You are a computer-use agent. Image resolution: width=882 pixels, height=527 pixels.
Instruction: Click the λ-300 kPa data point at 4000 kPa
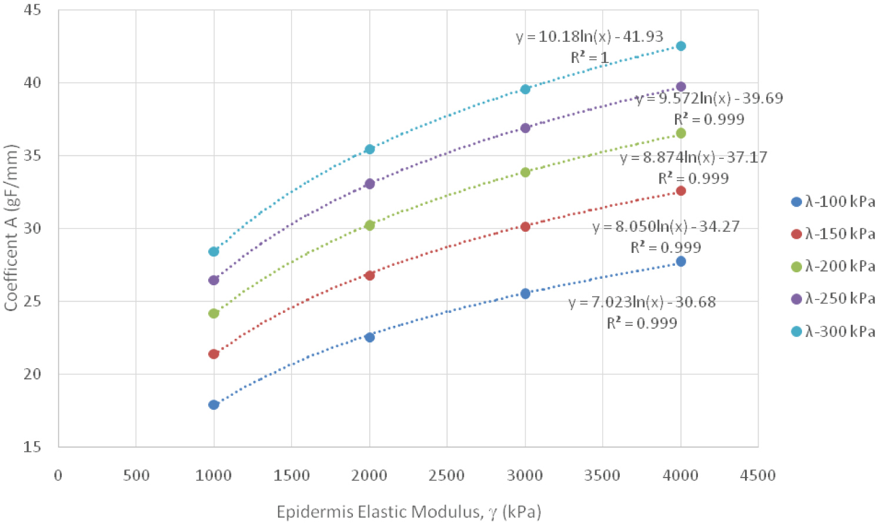pos(681,46)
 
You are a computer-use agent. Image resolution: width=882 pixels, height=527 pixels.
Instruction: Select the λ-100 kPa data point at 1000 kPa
pos(213,405)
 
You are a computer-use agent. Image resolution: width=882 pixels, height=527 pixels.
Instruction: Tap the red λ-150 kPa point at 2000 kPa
pos(369,275)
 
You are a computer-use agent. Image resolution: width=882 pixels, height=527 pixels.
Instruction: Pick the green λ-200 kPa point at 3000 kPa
pos(525,172)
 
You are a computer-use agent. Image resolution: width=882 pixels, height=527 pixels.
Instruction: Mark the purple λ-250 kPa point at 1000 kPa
pos(213,280)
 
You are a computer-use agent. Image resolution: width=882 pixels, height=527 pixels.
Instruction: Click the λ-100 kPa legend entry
pos(833,202)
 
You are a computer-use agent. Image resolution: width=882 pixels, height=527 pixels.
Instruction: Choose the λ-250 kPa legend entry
pos(833,299)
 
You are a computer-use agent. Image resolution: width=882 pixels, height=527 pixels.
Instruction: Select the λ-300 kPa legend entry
pos(833,332)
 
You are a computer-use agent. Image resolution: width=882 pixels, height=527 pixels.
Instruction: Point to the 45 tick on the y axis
pos(32,10)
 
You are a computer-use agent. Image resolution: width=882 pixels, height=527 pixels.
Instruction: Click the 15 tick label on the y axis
pos(32,447)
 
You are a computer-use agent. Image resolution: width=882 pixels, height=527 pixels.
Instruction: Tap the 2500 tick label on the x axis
pos(447,475)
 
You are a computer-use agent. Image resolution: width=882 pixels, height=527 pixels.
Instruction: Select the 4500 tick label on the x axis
pos(758,475)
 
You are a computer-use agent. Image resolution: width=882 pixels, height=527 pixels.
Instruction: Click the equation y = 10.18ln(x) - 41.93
pos(589,36)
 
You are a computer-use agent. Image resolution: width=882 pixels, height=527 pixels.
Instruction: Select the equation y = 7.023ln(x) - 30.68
pos(642,302)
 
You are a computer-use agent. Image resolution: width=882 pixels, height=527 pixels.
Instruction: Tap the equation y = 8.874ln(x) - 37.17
pos(694,158)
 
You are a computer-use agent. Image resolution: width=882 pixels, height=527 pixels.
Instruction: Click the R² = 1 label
pos(589,58)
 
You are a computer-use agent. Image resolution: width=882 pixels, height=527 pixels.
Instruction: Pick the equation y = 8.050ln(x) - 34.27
pos(666,226)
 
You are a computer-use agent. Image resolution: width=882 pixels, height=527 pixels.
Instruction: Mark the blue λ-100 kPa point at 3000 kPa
pos(525,293)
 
